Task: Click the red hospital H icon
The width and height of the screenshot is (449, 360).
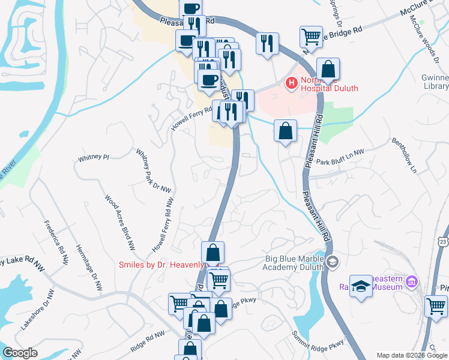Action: point(291,83)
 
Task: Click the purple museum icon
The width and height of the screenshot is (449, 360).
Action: point(411,281)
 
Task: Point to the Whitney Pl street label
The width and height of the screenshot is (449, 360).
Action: point(93,158)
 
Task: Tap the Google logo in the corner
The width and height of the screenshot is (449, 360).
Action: point(20,353)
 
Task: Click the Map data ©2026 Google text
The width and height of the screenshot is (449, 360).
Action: point(411,355)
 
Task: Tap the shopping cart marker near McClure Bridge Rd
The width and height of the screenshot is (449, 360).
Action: point(311,37)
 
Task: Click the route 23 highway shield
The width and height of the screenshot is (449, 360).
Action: point(442,241)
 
